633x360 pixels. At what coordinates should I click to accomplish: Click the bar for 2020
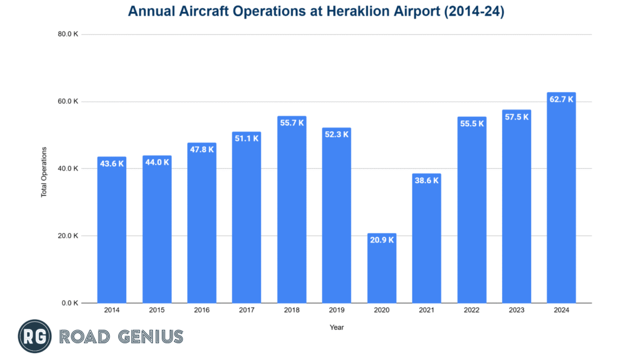click(x=381, y=268)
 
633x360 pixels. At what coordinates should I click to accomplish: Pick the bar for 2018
click(x=292, y=210)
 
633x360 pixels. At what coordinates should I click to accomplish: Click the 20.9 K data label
click(x=381, y=240)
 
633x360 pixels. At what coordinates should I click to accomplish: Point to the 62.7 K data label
click(x=561, y=99)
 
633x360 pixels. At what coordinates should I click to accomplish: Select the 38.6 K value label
click(x=427, y=180)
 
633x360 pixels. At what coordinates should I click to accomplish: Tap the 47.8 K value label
click(x=202, y=149)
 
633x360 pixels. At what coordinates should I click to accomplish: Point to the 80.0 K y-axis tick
click(x=68, y=35)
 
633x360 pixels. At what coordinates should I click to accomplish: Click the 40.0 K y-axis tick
click(x=68, y=169)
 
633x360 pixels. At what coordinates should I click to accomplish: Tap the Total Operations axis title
click(x=44, y=172)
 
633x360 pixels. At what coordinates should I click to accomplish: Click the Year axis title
click(x=337, y=327)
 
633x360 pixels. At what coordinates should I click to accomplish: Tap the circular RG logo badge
click(x=35, y=336)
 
